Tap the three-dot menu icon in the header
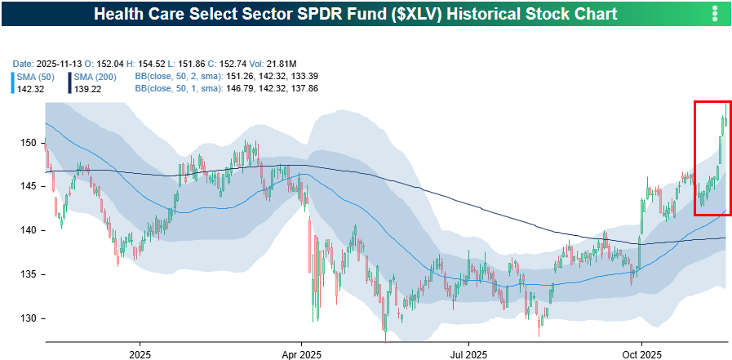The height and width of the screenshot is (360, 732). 715,14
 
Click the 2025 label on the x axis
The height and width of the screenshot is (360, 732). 140,354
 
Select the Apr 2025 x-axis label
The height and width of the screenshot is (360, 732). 301,354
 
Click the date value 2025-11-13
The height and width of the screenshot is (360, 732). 61,64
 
